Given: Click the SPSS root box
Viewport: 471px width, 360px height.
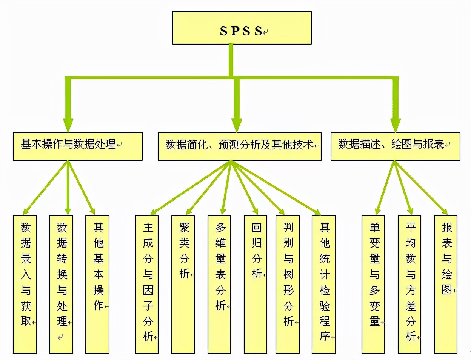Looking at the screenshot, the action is [242, 28].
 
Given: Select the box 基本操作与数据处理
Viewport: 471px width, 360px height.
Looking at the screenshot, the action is [78, 146].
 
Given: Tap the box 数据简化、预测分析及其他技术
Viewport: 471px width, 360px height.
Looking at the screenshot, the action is [240, 146].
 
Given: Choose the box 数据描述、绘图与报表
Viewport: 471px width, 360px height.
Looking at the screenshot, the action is [396, 146].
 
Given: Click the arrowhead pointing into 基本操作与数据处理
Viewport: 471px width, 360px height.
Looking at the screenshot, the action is [68, 126].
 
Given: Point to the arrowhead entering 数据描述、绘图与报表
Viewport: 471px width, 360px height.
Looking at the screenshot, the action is [396, 126].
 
